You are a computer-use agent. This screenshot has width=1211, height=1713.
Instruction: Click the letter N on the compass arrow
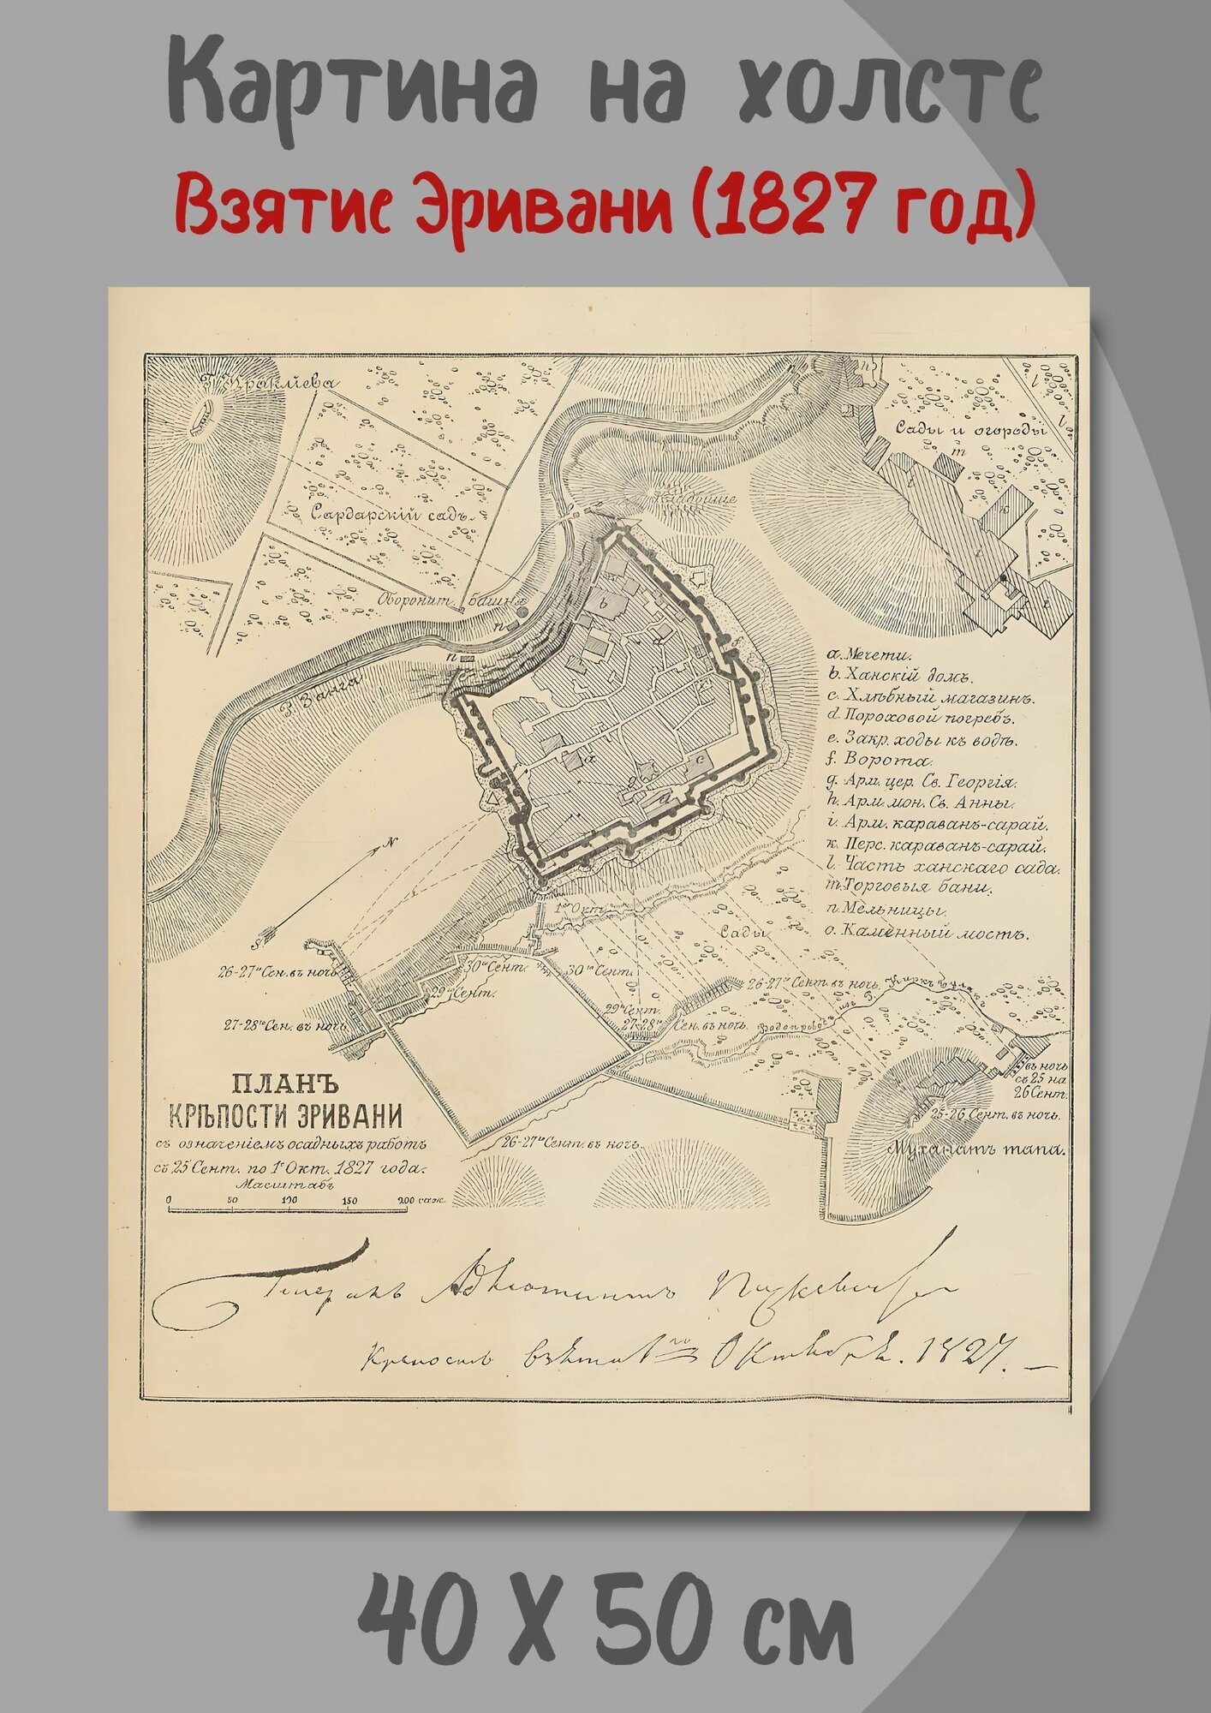click(391, 842)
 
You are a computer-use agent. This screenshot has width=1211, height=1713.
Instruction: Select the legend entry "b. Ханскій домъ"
click(896, 677)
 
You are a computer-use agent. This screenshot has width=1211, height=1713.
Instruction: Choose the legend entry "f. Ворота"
click(878, 761)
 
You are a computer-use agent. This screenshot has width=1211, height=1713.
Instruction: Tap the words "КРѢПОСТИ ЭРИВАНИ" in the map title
click(286, 1118)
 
